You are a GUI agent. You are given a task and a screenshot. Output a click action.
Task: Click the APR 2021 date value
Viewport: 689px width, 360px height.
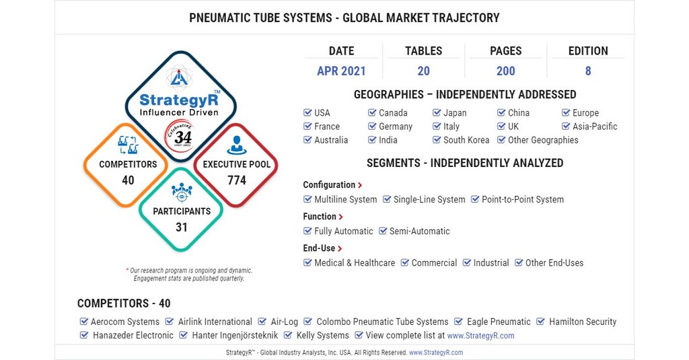(341, 71)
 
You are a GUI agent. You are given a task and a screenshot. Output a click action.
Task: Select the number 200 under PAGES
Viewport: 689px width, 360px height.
(505, 71)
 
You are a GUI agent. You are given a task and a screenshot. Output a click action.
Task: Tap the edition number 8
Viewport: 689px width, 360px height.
(587, 71)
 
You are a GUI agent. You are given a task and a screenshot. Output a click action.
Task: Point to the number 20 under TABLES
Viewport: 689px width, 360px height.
(423, 71)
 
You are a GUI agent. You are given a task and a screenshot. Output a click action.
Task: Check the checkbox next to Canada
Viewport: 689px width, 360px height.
(372, 113)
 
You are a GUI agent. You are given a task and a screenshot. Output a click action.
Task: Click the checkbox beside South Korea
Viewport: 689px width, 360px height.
(437, 140)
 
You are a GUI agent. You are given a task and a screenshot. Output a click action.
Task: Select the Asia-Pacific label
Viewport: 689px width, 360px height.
(594, 127)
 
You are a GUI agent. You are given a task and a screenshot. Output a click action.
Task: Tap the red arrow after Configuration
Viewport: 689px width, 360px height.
(361, 185)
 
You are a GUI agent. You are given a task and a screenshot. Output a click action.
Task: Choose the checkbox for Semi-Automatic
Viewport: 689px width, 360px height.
(383, 231)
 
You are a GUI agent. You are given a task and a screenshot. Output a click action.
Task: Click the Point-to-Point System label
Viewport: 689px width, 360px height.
(522, 200)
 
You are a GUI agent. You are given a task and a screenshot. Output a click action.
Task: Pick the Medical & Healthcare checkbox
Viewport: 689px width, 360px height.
(307, 263)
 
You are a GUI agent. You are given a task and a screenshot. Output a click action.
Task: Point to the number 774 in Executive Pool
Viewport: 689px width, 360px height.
(237, 180)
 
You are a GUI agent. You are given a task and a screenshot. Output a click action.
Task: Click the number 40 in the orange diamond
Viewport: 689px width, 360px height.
(128, 180)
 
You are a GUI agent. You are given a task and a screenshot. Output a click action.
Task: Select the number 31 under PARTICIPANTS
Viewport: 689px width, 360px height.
(182, 227)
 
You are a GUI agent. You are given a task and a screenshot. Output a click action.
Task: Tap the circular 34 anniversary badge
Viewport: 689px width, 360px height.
(182, 136)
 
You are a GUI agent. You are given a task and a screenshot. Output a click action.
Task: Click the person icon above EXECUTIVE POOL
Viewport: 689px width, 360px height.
(237, 145)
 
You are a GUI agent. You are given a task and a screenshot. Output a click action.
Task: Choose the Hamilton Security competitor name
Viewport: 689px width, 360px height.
(582, 322)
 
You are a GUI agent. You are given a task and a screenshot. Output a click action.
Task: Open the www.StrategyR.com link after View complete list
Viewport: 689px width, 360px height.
(480, 336)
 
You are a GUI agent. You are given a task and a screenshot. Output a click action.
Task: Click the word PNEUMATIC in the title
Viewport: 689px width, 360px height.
(223, 17)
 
